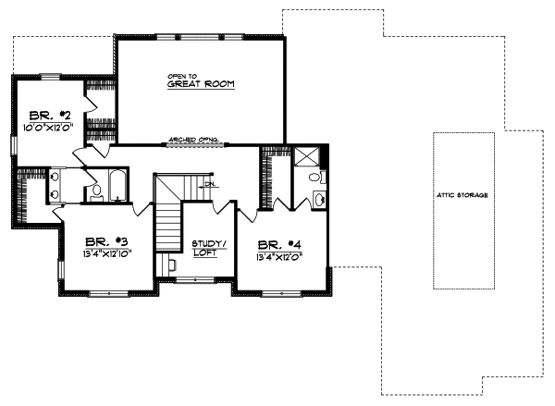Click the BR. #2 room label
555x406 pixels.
pos(44,106)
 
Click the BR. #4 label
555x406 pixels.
pos(279,244)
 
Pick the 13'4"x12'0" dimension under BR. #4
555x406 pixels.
pos(279,258)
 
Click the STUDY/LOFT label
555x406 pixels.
pos(203,248)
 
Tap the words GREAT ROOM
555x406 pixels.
pos(201,84)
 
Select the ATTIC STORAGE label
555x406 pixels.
pos(462,196)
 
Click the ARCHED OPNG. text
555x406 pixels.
pos(192,141)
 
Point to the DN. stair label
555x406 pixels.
pos(210,184)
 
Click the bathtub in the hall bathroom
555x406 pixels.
pos(118,186)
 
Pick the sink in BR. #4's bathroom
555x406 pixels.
pos(319,199)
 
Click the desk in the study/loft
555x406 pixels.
pos(170,265)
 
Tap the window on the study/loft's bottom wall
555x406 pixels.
pos(193,277)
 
